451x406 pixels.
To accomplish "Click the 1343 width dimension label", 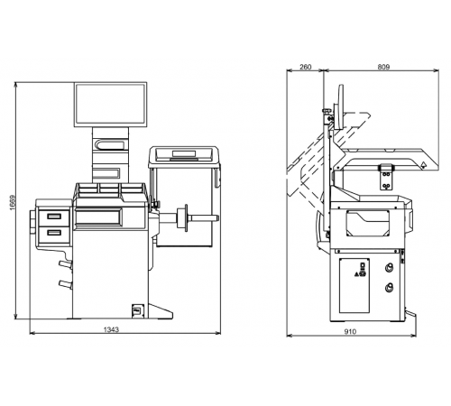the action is pyautogui.click(x=111, y=329).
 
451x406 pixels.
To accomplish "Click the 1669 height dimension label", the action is pyautogui.click(x=12, y=202).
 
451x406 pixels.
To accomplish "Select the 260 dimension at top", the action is pyautogui.click(x=306, y=67).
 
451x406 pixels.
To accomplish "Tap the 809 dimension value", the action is pyautogui.click(x=383, y=67).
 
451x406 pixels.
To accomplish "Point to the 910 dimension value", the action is pyautogui.click(x=350, y=331).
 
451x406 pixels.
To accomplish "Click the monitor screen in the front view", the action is pyautogui.click(x=110, y=104).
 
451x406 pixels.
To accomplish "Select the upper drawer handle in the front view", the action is pyautogui.click(x=54, y=217).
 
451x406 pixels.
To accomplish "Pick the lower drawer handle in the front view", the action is pyautogui.click(x=54, y=233).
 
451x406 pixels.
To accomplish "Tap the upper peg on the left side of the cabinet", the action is pyautogui.click(x=66, y=264).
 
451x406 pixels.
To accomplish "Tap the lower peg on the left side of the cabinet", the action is pyautogui.click(x=66, y=283).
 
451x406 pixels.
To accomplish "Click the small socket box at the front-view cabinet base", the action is pyautogui.click(x=138, y=309).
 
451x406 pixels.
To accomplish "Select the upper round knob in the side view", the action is pyautogui.click(x=390, y=267).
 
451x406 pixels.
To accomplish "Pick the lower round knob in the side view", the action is pyautogui.click(x=390, y=288).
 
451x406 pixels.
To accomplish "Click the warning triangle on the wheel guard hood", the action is pyautogui.click(x=423, y=165).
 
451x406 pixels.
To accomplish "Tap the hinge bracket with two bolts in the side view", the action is pyautogui.click(x=386, y=177).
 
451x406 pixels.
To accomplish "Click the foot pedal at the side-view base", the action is pyautogui.click(x=410, y=313).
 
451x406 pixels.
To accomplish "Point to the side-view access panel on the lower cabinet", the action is pyautogui.click(x=354, y=285).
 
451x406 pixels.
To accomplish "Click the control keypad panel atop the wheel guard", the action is pyautogui.click(x=183, y=154).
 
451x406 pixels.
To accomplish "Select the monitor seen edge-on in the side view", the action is pyautogui.click(x=339, y=107).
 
